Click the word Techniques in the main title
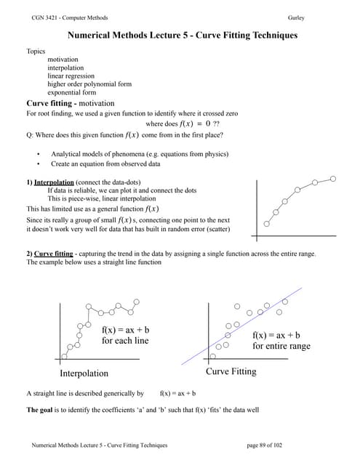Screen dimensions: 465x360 (x=268, y=34)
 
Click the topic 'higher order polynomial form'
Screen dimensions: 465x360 (x=89, y=84)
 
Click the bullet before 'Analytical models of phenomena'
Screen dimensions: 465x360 (x=38, y=154)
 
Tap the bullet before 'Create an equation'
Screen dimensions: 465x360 (x=38, y=164)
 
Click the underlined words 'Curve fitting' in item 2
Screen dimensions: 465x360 (x=55, y=253)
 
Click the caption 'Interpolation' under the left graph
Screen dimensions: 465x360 (x=84, y=373)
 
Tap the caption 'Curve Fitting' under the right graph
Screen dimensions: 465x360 (x=231, y=372)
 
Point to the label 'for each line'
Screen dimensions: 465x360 (x=125, y=341)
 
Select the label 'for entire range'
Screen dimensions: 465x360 (x=281, y=346)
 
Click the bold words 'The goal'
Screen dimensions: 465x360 (x=41, y=410)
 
